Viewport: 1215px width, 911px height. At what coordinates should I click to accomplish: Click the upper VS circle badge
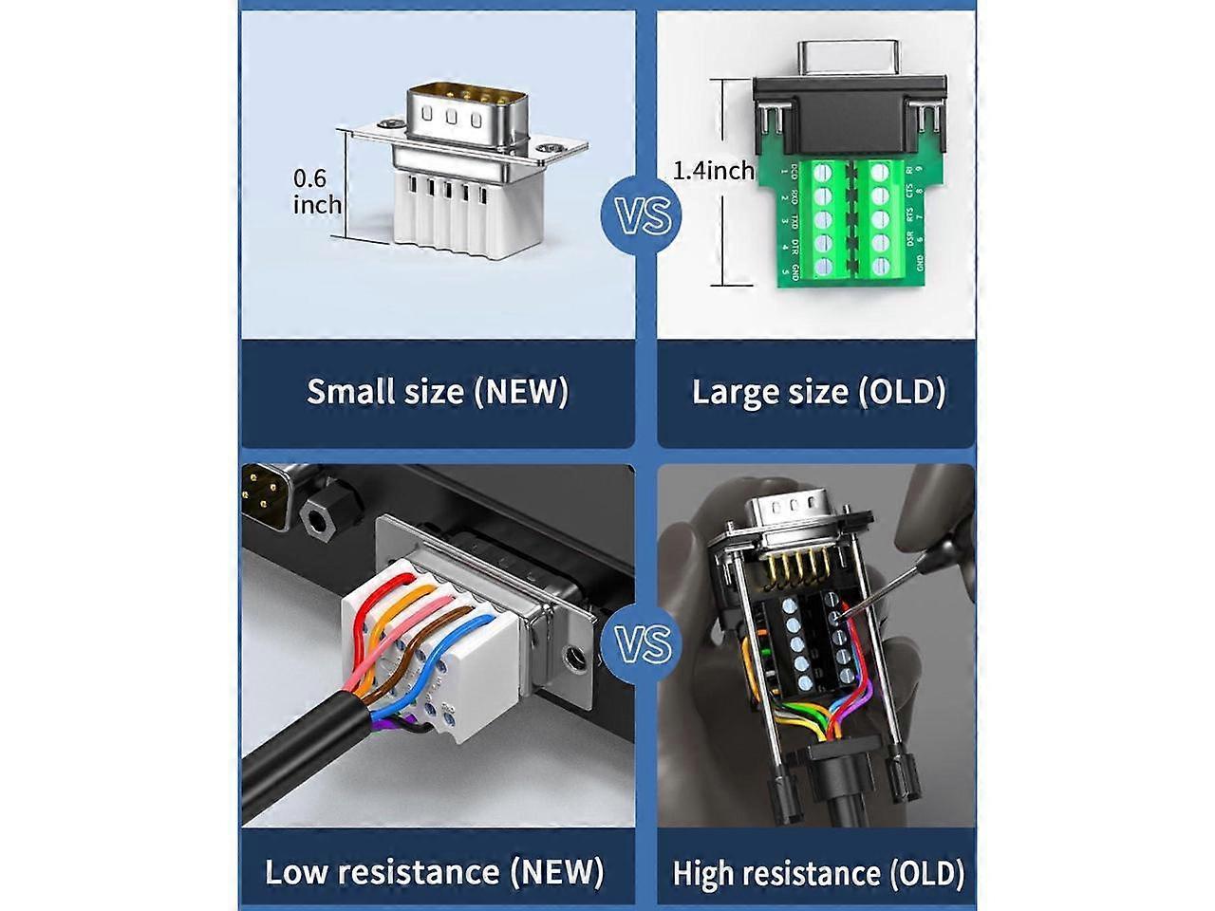[645, 215]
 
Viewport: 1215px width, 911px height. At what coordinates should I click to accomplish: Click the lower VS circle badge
[645, 644]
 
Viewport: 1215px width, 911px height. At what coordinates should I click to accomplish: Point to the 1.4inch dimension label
[714, 171]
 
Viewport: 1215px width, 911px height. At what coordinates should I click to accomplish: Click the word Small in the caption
[345, 391]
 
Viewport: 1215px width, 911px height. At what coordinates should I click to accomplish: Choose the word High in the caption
[703, 872]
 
